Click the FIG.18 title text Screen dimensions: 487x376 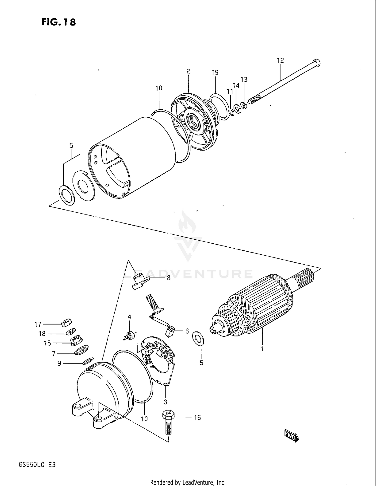point(59,22)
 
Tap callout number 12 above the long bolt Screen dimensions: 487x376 point(280,60)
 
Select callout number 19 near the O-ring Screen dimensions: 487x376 point(215,73)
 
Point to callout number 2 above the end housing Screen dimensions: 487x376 point(188,71)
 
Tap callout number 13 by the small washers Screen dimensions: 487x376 point(244,80)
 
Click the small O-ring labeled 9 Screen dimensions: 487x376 point(88,361)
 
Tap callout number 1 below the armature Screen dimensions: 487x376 point(262,349)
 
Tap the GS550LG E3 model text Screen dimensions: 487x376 point(37,465)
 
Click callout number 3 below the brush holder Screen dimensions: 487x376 point(165,402)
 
